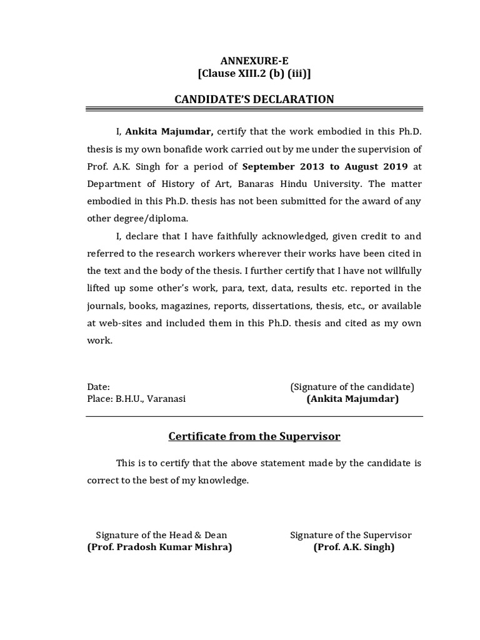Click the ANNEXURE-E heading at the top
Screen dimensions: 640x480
point(254,61)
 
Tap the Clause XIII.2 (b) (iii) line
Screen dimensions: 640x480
point(254,74)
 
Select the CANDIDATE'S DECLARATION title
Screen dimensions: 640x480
point(254,99)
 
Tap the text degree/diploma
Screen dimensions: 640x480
point(139,219)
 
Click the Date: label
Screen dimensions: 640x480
point(98,387)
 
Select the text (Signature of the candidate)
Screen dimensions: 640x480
point(352,387)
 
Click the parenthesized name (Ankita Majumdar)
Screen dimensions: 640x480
point(352,399)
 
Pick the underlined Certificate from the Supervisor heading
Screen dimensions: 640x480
point(254,436)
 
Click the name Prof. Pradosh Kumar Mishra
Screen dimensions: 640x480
point(160,547)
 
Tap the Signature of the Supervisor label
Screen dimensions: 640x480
point(351,535)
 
